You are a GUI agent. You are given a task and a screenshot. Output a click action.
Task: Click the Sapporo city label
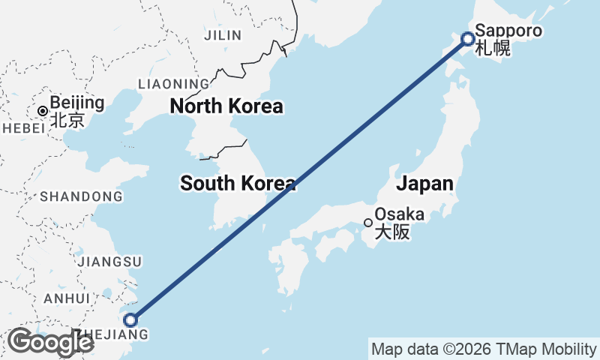(x=508, y=33)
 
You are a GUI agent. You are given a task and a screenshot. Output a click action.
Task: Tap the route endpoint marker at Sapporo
(x=467, y=39)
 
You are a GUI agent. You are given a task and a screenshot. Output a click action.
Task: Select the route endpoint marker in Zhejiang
(x=130, y=320)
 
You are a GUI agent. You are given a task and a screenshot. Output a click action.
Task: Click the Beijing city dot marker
(x=43, y=111)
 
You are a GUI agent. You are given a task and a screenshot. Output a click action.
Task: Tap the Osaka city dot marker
(x=368, y=222)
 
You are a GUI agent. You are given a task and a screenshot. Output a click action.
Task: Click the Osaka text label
(x=399, y=214)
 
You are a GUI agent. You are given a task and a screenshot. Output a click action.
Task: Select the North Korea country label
(x=226, y=106)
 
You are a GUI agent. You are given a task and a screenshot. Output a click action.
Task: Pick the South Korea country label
(x=238, y=182)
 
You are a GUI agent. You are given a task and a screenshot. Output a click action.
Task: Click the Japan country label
(x=424, y=184)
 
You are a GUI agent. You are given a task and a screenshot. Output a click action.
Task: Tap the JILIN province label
(x=223, y=35)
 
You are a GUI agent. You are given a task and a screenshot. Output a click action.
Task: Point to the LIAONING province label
(x=173, y=84)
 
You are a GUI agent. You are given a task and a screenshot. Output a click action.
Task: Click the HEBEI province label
(x=24, y=128)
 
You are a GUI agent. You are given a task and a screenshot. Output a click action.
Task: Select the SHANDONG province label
(x=81, y=196)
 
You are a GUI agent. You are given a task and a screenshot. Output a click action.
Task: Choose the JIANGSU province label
(x=109, y=261)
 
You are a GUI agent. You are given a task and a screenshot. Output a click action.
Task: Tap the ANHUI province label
(x=67, y=298)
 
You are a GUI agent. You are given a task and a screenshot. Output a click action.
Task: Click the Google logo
(x=49, y=342)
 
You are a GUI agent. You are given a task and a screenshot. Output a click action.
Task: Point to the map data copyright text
(x=484, y=349)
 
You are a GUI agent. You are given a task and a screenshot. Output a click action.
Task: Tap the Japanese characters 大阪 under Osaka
(x=392, y=232)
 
